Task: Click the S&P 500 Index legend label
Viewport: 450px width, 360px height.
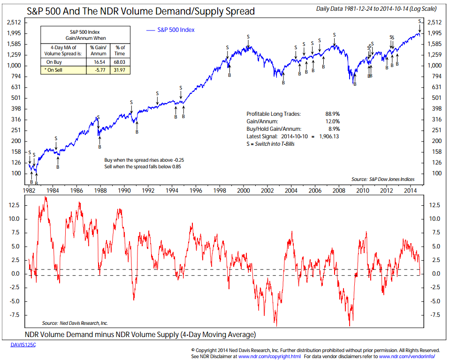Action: [176, 30]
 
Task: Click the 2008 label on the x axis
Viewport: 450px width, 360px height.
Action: [339, 191]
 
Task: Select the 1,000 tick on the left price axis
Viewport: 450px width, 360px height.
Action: [14, 65]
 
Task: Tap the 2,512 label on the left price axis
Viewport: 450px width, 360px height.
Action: [14, 22]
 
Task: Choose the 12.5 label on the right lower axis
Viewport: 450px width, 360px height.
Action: [435, 205]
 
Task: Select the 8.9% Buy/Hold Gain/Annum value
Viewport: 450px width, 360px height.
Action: [334, 128]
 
